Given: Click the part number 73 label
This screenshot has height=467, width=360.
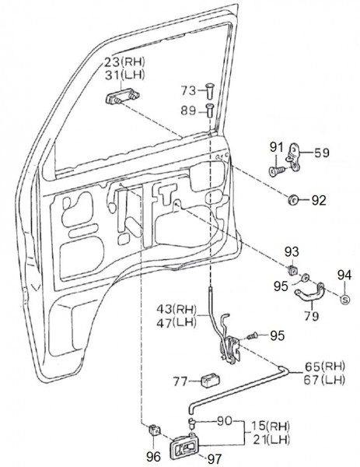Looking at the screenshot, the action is click(188, 90).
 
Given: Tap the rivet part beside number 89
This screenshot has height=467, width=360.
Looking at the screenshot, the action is click(210, 111).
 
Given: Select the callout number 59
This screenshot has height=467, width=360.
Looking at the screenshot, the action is click(321, 153).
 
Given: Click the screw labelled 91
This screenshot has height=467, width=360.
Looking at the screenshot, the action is click(278, 171).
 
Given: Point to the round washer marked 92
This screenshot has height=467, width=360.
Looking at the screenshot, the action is click(293, 199).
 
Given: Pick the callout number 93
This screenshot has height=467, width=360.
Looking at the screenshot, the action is click(292, 251).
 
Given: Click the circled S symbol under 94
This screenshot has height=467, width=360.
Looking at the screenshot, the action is click(345, 299).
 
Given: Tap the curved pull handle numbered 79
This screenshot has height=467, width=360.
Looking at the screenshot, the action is click(309, 295).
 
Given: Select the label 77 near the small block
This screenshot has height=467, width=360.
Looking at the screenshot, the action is click(181, 381).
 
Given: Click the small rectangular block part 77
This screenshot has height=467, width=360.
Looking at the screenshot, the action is click(211, 380).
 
